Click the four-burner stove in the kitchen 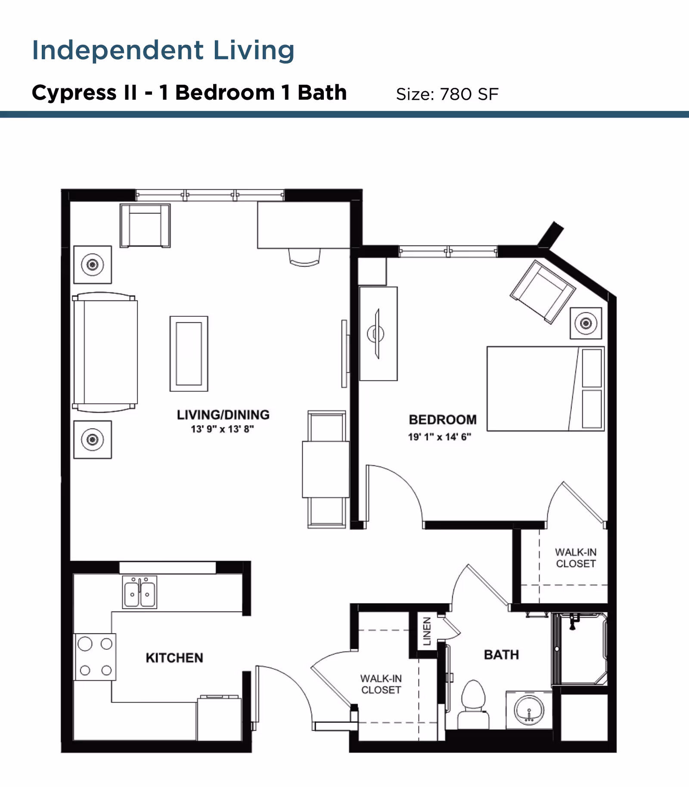click(x=95, y=657)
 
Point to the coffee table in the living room click(x=189, y=354)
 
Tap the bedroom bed click(x=545, y=389)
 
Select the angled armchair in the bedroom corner click(x=543, y=292)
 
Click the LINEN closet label click(x=427, y=631)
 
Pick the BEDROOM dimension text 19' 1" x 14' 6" click(x=440, y=437)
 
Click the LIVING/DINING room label click(x=223, y=415)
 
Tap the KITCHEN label click(x=174, y=657)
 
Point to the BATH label click(x=501, y=654)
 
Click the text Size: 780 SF click(x=447, y=94)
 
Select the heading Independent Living click(x=163, y=50)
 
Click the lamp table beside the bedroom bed click(x=586, y=323)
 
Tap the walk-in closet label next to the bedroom click(x=576, y=558)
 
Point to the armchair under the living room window click(x=145, y=225)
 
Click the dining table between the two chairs click(x=326, y=469)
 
